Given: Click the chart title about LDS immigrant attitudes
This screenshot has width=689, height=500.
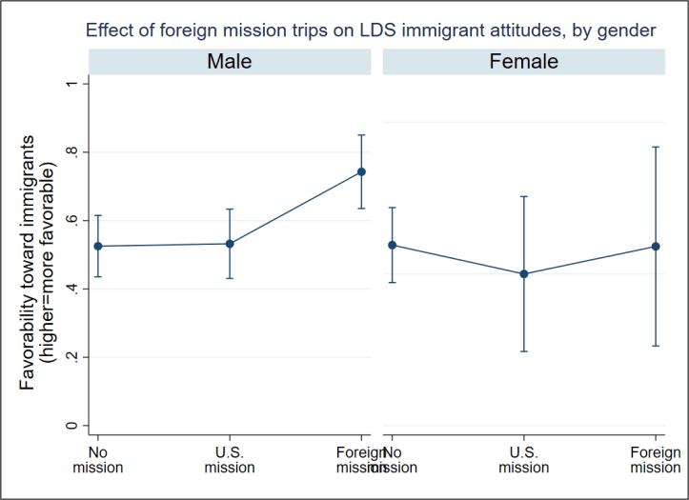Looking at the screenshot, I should click(x=371, y=30).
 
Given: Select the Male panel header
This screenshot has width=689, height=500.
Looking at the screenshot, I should click(x=230, y=62).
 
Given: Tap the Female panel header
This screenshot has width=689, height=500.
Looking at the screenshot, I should click(x=523, y=62).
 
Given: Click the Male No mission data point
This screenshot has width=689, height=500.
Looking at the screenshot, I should click(x=98, y=246).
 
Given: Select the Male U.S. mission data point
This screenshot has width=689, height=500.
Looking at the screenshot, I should click(x=230, y=244).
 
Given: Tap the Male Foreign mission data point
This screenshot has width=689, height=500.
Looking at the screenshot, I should click(x=361, y=171).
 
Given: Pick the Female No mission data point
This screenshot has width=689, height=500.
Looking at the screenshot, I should click(x=392, y=245).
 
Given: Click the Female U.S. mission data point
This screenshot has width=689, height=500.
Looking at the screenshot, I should click(x=523, y=274).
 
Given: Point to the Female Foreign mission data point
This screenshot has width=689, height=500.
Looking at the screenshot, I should click(x=655, y=247).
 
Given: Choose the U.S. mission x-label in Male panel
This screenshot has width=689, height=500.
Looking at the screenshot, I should click(x=230, y=460).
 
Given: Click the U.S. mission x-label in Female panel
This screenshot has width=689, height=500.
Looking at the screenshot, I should click(x=523, y=460).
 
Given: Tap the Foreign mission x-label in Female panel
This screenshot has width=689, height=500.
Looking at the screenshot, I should click(x=655, y=460).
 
